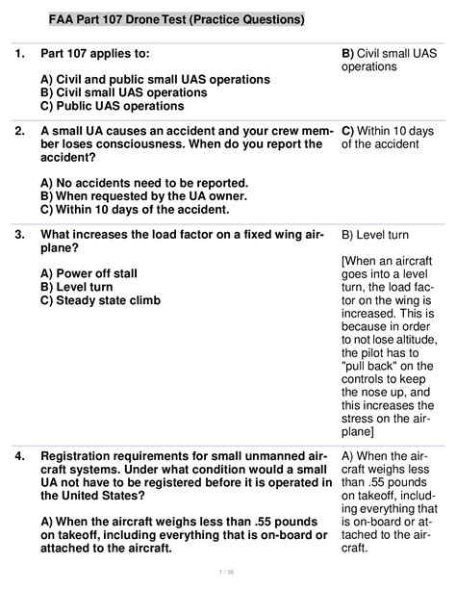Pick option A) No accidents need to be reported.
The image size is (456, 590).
(144, 183)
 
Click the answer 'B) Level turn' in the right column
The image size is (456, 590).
(378, 234)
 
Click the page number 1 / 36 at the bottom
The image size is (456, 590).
(227, 572)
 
